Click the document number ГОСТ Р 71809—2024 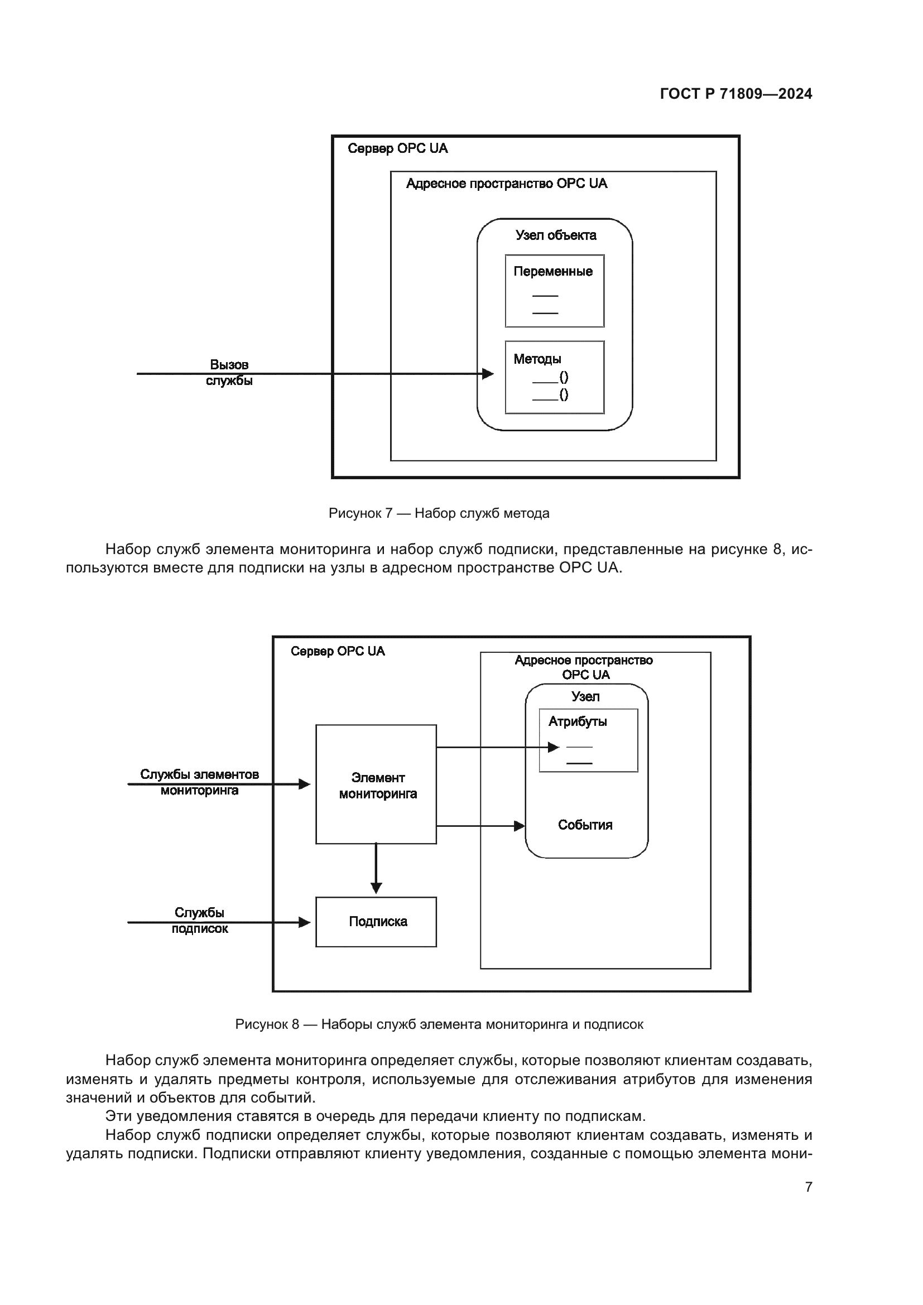point(735,94)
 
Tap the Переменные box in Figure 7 point(554,291)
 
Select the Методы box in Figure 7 point(554,377)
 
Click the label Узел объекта point(555,235)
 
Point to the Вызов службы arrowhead point(488,373)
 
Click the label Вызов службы point(229,372)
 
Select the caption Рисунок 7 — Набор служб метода point(439,513)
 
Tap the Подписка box point(376,921)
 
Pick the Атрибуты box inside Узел point(588,740)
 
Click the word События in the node point(585,825)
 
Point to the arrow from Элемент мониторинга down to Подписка point(376,868)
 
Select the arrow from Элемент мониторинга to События point(480,826)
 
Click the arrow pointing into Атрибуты point(494,748)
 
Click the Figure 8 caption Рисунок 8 point(439,1024)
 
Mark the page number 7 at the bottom point(809,1187)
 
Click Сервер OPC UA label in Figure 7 point(397,148)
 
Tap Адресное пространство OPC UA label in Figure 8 point(584,667)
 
